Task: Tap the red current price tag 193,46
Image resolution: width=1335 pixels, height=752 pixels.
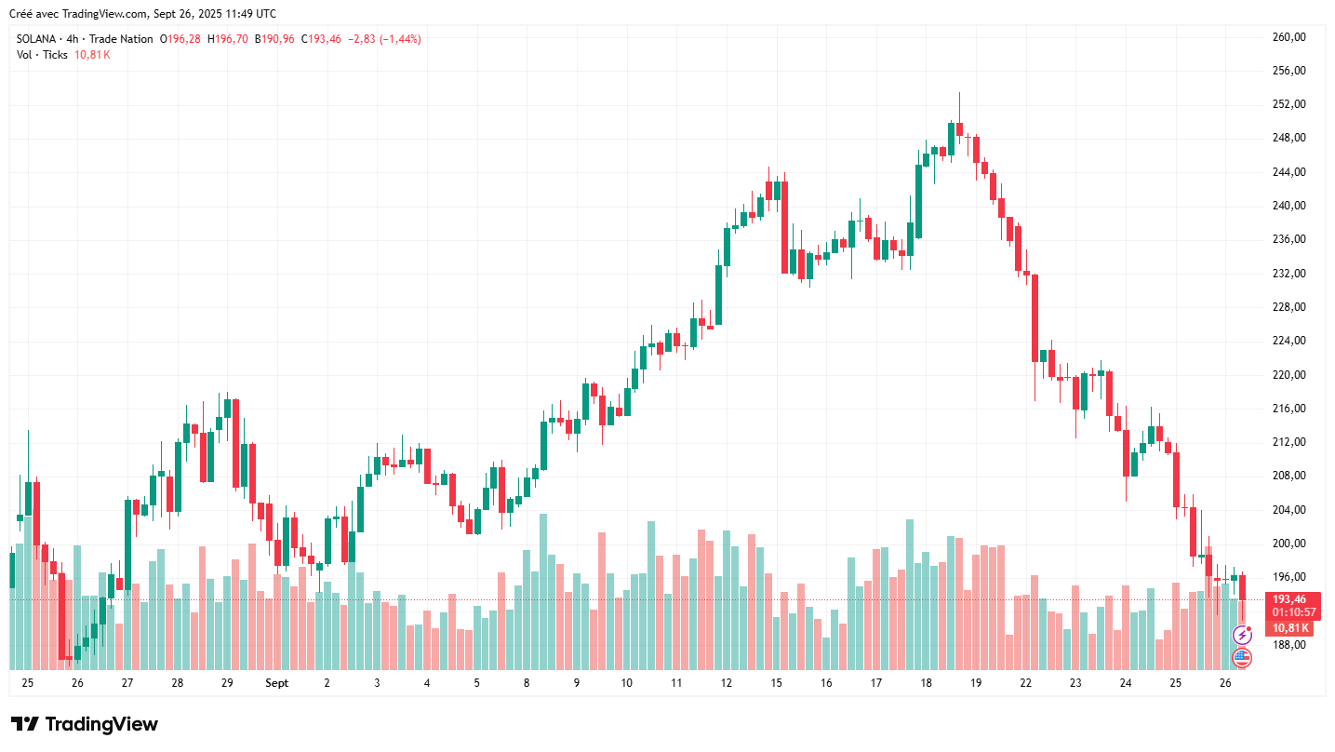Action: click(x=1289, y=599)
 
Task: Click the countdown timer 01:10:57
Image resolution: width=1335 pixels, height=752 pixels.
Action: click(x=1293, y=612)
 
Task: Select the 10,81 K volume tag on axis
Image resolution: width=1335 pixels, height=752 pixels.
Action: click(x=1290, y=627)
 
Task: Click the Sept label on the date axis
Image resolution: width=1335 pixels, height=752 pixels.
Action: click(x=276, y=683)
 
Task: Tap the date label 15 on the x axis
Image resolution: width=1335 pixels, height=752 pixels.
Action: click(x=776, y=683)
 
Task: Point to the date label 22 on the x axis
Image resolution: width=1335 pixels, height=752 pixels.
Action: click(x=1025, y=683)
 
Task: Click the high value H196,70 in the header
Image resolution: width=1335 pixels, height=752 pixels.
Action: click(x=227, y=39)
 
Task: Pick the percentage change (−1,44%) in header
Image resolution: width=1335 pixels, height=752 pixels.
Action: click(x=400, y=39)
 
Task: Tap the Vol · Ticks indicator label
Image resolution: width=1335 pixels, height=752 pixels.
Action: click(x=42, y=55)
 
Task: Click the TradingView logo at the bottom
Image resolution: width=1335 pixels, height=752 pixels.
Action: click(x=84, y=724)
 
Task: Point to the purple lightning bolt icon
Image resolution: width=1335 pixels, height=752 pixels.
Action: click(x=1242, y=636)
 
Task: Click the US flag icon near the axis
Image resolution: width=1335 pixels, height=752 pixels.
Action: click(x=1242, y=658)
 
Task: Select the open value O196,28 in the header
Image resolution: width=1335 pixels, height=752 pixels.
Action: click(x=180, y=39)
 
